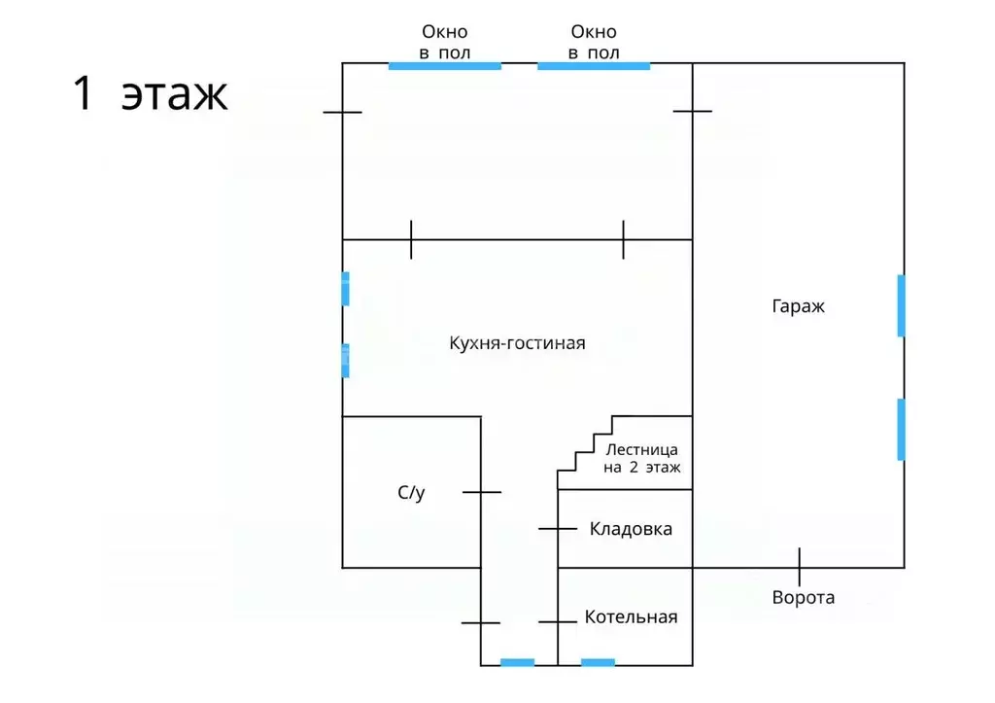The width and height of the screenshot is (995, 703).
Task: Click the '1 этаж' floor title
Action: pyautogui.click(x=151, y=95)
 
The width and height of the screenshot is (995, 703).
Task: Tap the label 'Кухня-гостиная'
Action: pyautogui.click(x=517, y=343)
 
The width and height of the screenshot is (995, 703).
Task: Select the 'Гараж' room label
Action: pyautogui.click(x=798, y=306)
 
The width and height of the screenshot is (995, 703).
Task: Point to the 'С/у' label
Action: pyautogui.click(x=411, y=493)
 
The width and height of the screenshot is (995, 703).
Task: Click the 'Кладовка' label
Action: pyautogui.click(x=631, y=530)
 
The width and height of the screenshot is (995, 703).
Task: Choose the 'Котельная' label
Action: pyautogui.click(x=631, y=617)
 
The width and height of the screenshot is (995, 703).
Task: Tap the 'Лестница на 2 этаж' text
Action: pyautogui.click(x=642, y=458)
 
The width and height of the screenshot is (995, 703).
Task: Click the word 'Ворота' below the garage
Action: pyautogui.click(x=803, y=597)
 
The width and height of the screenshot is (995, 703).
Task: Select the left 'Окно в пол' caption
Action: pyautogui.click(x=445, y=43)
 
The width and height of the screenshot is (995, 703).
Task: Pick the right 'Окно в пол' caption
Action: pyautogui.click(x=595, y=43)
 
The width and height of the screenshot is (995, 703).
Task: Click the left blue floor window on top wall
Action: pyautogui.click(x=445, y=66)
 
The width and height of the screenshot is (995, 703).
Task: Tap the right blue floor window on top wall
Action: pyautogui.click(x=594, y=66)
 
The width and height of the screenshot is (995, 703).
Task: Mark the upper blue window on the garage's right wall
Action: pyautogui.click(x=901, y=305)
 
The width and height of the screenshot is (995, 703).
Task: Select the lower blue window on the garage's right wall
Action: pyautogui.click(x=901, y=429)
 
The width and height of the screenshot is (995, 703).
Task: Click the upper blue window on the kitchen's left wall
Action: pyautogui.click(x=345, y=289)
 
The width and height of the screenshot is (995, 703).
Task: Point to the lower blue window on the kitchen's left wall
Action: pyautogui.click(x=345, y=360)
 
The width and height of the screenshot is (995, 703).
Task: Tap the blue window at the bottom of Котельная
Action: pyautogui.click(x=598, y=663)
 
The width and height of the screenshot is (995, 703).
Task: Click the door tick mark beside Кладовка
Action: pyautogui.click(x=558, y=529)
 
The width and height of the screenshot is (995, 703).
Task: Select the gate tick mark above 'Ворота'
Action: pyautogui.click(x=800, y=566)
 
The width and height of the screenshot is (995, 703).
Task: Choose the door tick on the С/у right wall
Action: pyautogui.click(x=481, y=492)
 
